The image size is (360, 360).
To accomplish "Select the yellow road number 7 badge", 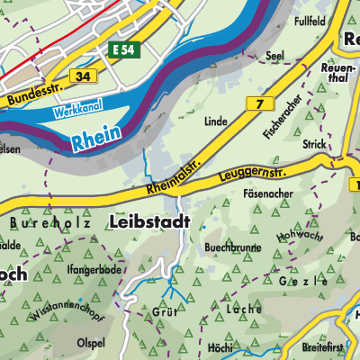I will (x=260, y=105).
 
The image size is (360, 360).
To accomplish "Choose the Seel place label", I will (x=274, y=55).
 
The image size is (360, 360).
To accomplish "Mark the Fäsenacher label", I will (x=266, y=193).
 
